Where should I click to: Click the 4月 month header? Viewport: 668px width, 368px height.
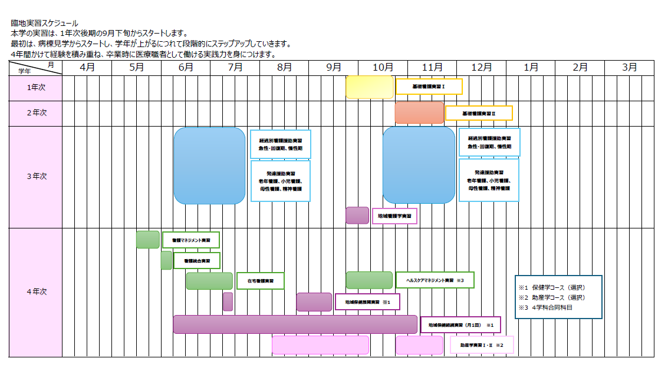(x=87, y=68)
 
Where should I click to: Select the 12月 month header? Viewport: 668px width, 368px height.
(x=482, y=68)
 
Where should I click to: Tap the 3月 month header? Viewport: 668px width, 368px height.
(x=630, y=68)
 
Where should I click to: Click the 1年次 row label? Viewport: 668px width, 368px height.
(x=36, y=88)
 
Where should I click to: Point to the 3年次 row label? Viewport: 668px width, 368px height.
(x=36, y=176)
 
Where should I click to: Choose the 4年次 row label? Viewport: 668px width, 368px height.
(x=36, y=292)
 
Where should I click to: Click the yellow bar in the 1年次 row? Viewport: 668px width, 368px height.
(x=369, y=87)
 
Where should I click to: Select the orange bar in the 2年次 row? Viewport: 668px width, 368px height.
(x=419, y=112)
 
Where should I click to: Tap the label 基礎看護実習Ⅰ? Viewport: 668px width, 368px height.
(x=429, y=87)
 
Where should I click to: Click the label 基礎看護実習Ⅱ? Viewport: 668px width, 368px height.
(x=479, y=113)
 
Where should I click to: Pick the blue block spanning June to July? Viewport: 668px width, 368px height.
(x=209, y=165)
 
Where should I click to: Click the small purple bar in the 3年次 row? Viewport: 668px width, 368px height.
(x=357, y=216)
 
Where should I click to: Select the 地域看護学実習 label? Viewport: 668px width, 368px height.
(x=394, y=216)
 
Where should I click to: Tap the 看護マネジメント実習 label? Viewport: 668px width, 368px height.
(x=191, y=240)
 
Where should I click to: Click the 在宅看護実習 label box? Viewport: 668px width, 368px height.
(x=260, y=281)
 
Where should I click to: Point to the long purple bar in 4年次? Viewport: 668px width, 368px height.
(x=295, y=324)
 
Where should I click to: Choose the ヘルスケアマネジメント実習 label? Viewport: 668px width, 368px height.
(x=435, y=280)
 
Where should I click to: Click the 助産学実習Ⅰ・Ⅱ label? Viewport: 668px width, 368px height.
(x=482, y=345)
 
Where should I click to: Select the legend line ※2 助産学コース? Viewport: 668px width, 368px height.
(x=551, y=297)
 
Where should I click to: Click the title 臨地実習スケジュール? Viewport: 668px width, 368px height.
(x=44, y=23)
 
